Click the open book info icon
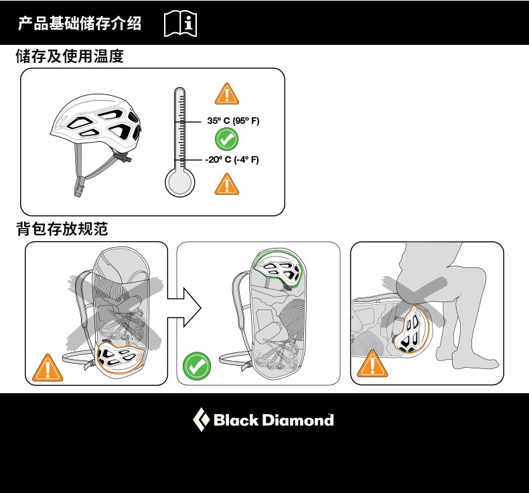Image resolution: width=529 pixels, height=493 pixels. coord(180,24)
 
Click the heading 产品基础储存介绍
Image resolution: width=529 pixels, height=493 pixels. coord(80,24)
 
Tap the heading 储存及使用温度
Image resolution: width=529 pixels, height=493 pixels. coord(70,57)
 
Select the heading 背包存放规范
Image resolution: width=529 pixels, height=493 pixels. coord(62,229)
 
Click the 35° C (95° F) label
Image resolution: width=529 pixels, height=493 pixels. coord(232,121)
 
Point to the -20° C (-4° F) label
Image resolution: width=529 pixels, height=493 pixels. coord(232,159)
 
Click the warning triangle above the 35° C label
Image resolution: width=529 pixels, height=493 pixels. coord(227,94)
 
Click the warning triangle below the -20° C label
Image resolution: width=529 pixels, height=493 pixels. coord(227,184)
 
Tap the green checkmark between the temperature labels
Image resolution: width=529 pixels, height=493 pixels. coord(227,140)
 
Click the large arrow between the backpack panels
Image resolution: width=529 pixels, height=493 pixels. coord(184,307)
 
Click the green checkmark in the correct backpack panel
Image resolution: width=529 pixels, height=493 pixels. coord(197,366)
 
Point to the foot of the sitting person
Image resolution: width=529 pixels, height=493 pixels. coord(475,362)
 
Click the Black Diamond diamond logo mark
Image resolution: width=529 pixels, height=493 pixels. coord(201,420)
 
